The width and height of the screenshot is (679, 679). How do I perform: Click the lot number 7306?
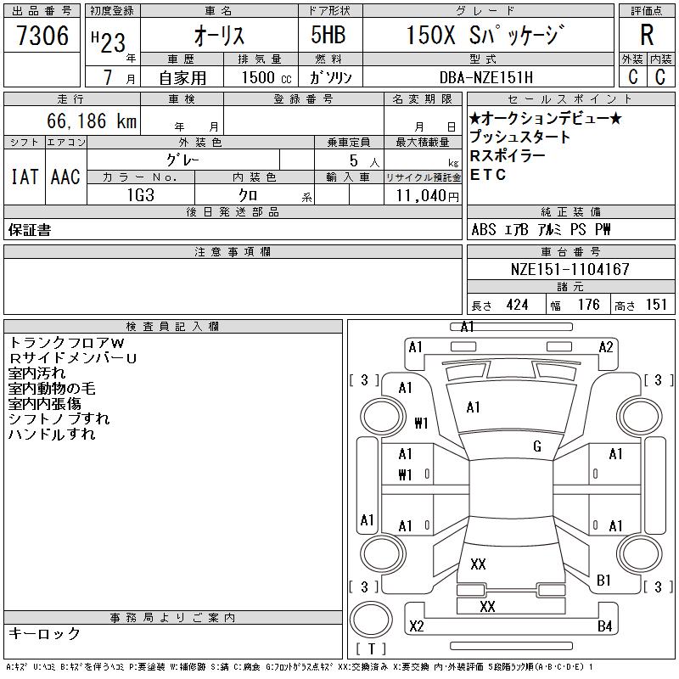pos(42,36)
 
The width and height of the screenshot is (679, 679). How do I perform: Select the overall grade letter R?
pos(647,35)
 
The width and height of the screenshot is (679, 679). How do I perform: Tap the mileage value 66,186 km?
pos(92,121)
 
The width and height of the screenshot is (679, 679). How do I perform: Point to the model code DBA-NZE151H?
pos(486,77)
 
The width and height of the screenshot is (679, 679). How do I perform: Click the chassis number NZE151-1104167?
pos(570,269)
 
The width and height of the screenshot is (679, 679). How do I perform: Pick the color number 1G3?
pos(141,195)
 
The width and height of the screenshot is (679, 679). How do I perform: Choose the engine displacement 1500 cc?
pos(267,77)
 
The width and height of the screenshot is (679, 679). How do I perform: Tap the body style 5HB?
pos(328,35)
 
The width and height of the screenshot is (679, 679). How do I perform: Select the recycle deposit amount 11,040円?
pos(427,196)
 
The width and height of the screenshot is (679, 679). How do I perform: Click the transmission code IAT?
pos(25,177)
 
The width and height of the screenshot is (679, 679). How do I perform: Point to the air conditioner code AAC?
pos(65,177)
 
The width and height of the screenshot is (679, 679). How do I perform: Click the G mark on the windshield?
pos(537,446)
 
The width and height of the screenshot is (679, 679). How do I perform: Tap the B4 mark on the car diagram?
pos(604,626)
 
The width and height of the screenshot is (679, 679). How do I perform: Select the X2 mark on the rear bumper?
pos(417,626)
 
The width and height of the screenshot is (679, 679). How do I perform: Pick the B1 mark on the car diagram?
pos(603,580)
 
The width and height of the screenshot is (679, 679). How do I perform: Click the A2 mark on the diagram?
pos(606,347)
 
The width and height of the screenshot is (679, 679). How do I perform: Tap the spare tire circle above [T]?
pos(371,620)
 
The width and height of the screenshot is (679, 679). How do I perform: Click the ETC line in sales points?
pos(487,175)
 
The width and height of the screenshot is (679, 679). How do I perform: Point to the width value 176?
pos(589,305)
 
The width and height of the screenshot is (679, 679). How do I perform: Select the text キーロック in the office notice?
pos(44,633)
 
